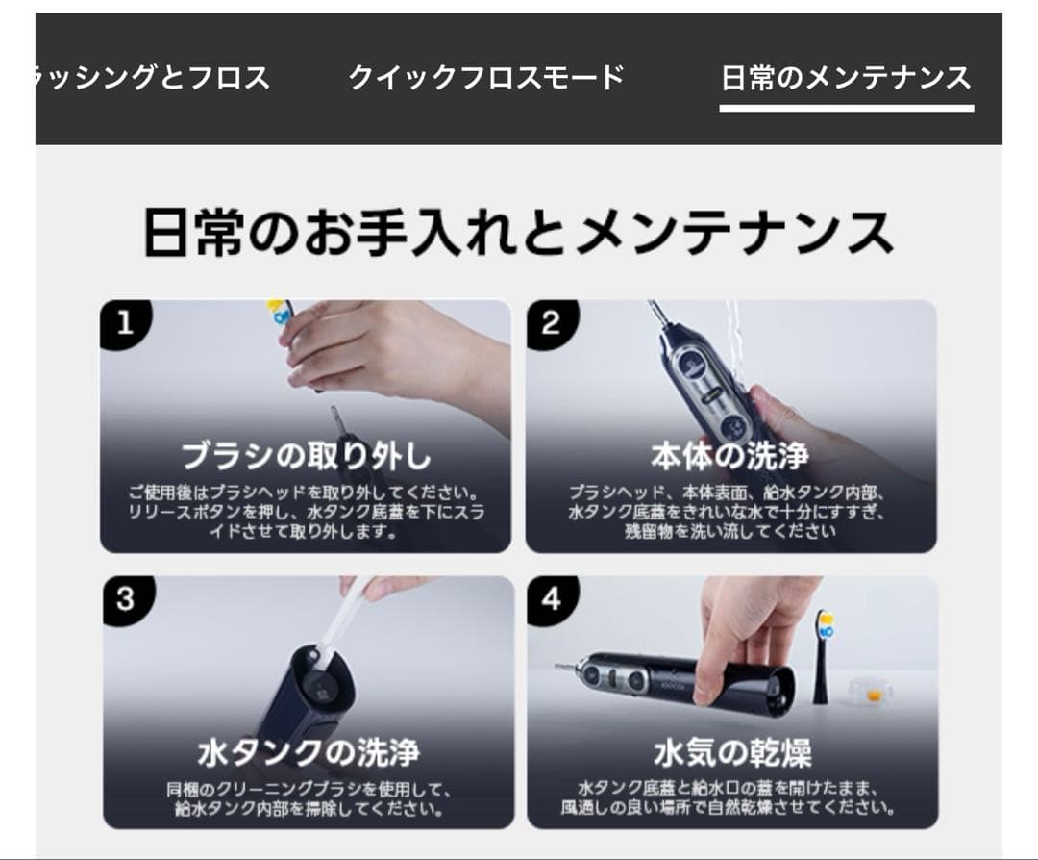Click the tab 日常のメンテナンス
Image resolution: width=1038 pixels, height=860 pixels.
(846, 78)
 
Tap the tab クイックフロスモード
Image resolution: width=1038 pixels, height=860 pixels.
(486, 78)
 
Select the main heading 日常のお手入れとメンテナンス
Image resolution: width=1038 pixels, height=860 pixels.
(518, 233)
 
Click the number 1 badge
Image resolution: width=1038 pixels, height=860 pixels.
(124, 323)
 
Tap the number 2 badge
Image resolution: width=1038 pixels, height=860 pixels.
(550, 323)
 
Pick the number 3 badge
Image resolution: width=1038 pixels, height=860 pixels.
(126, 599)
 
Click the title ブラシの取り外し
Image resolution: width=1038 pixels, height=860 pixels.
(306, 455)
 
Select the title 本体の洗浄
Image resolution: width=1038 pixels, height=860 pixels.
(729, 455)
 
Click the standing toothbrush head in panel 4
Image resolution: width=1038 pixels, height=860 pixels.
(824, 654)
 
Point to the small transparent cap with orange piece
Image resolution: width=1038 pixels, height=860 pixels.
(872, 691)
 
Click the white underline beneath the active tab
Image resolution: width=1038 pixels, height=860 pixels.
(846, 108)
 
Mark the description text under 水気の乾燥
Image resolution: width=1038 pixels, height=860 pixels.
(732, 797)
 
